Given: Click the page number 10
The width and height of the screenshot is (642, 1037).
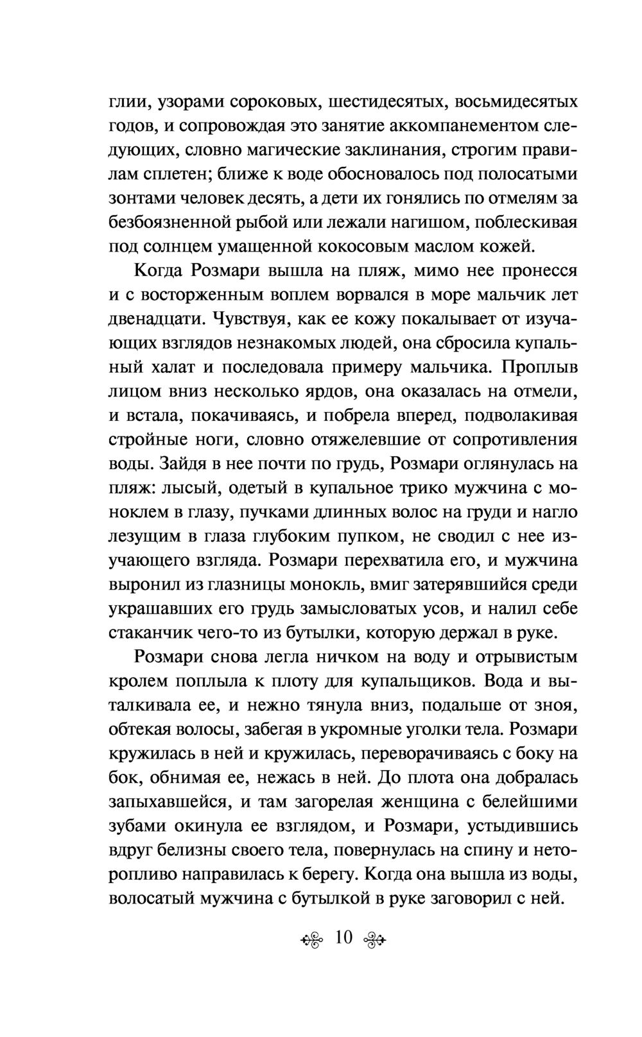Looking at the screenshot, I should tap(343, 938).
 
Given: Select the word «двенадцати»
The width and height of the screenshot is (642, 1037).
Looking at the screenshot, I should tap(153, 319).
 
